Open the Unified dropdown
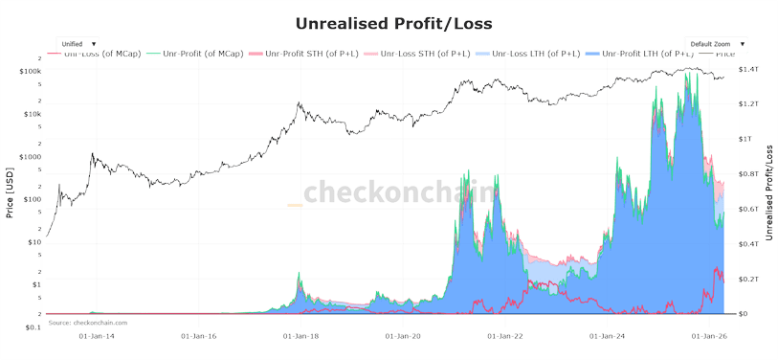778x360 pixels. click(x=78, y=44)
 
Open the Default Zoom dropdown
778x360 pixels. click(x=716, y=44)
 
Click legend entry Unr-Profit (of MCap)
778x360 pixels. click(x=203, y=54)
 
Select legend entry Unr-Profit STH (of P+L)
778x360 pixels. click(x=313, y=54)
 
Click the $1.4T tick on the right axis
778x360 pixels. click(x=747, y=71)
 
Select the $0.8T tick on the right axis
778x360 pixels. click(x=747, y=174)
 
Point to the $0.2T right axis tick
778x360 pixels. click(x=747, y=279)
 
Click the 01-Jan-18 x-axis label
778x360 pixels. click(x=300, y=336)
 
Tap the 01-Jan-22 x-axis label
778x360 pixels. click(x=504, y=336)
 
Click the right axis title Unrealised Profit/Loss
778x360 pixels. click(x=768, y=191)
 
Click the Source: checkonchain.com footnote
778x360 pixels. click(x=87, y=323)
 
